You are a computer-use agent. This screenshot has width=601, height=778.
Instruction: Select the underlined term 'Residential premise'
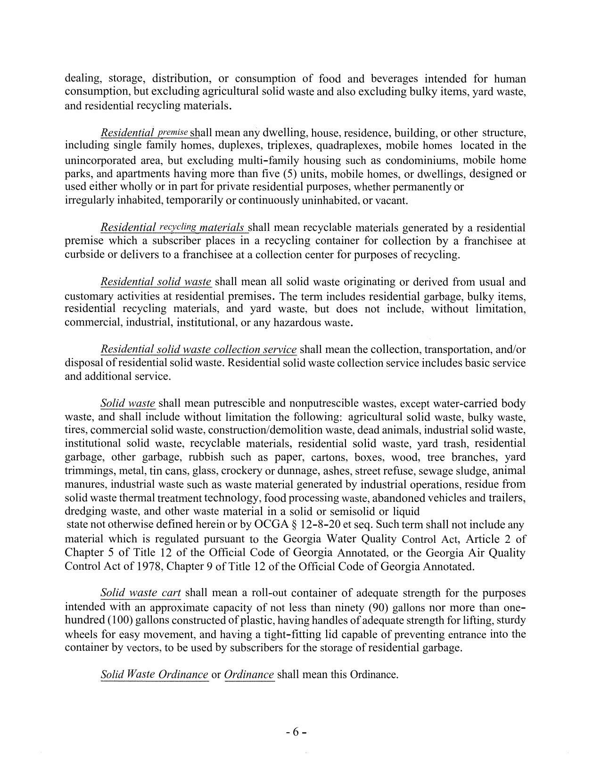[x=145, y=133]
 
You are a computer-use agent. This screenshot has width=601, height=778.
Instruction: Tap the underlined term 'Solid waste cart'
[x=140, y=593]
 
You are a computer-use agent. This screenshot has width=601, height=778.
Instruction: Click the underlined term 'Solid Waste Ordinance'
[x=154, y=674]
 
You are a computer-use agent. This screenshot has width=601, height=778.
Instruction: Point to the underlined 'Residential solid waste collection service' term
[x=198, y=349]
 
